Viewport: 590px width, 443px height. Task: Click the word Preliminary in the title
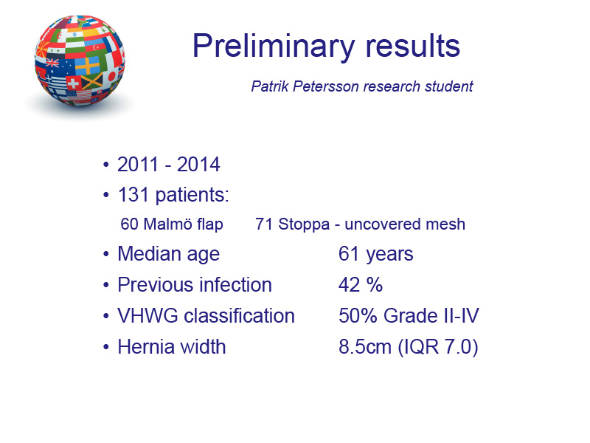click(273, 47)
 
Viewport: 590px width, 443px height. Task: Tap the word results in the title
click(412, 46)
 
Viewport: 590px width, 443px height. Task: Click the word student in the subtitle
click(449, 86)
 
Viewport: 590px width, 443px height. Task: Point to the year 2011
click(138, 165)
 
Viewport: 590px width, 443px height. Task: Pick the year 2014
click(198, 165)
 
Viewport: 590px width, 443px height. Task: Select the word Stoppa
click(304, 224)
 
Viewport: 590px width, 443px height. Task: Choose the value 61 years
click(375, 254)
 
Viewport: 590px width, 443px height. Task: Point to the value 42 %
click(361, 285)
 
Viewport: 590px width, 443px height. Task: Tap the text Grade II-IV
click(431, 316)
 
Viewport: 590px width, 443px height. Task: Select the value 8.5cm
click(365, 346)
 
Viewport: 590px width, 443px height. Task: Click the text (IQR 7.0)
click(438, 347)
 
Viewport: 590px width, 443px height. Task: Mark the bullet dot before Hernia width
click(106, 346)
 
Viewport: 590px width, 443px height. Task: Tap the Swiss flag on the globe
click(73, 83)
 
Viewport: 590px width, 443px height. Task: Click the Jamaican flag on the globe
click(91, 81)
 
